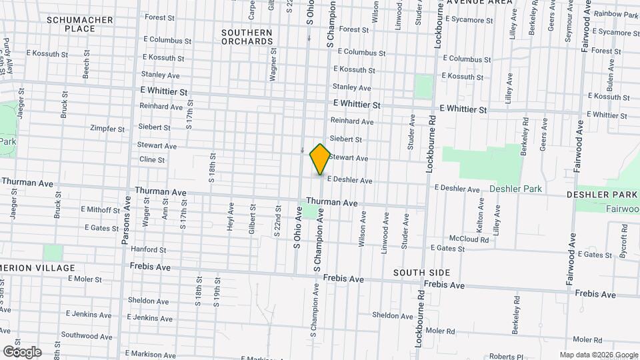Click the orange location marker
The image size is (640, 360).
320,159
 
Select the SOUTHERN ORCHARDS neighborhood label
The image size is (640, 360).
247,37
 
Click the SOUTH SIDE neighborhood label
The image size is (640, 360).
421,273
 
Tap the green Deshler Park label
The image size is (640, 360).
515,189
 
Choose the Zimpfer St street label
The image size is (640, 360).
107,129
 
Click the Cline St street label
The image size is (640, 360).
152,159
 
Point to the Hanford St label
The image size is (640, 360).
147,249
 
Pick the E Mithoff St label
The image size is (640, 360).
100,209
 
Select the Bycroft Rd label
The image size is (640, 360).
625,237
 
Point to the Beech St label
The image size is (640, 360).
86,68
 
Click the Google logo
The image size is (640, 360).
22,351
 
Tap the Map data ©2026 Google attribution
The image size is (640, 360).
599,355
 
